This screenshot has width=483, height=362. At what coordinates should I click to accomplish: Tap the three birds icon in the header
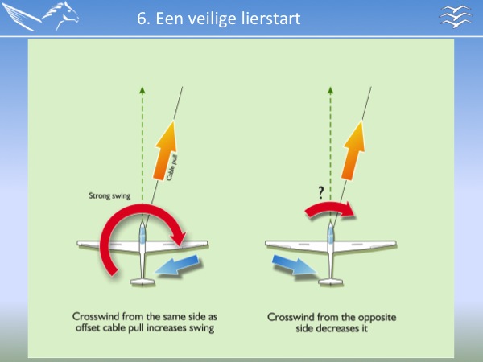456,17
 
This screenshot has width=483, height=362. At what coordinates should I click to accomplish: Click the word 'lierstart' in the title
270,19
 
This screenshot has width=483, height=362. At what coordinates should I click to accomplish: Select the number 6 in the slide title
142,19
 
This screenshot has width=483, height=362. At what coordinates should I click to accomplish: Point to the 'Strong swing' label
109,195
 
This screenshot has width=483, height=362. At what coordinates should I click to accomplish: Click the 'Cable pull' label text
172,168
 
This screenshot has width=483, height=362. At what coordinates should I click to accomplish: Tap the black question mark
321,193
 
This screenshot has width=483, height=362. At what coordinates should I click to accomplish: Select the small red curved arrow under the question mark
329,208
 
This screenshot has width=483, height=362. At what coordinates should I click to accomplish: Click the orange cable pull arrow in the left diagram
165,151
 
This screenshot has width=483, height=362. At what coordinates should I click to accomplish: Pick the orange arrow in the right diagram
353,151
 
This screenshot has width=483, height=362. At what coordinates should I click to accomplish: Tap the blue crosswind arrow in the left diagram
178,265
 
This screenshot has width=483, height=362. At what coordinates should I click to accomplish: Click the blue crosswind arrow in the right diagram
294,265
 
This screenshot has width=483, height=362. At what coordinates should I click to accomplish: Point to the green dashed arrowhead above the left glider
142,90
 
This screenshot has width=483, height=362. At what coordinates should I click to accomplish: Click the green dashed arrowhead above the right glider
331,90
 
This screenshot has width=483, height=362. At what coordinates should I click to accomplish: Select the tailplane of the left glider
142,282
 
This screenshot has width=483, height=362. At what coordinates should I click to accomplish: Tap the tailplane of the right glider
331,282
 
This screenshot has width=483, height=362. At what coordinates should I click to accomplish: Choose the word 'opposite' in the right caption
378,318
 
